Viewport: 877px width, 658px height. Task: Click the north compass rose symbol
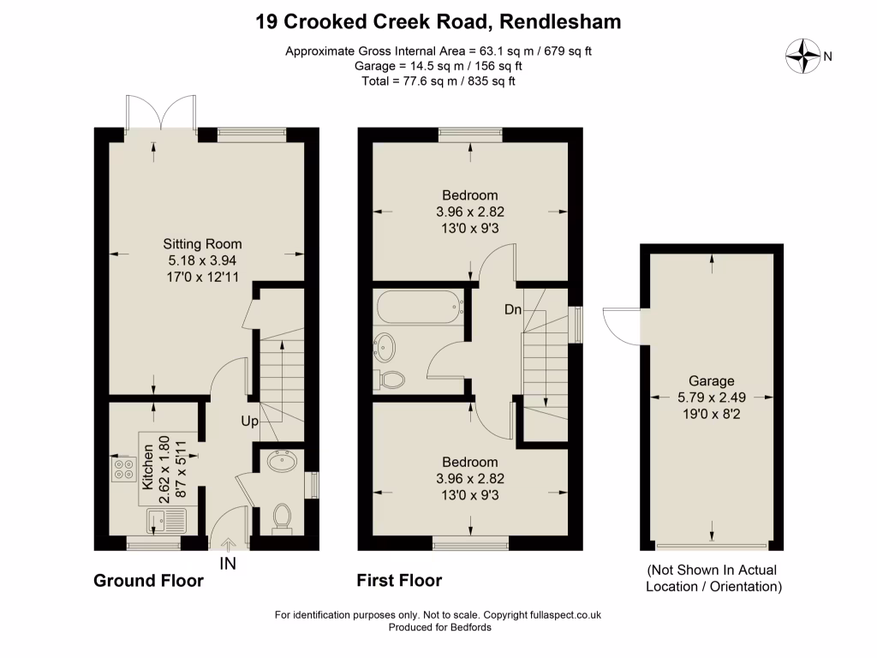click(803, 57)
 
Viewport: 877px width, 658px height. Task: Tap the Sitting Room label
click(203, 243)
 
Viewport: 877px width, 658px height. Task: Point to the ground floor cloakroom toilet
click(282, 517)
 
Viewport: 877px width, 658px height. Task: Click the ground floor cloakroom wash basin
click(282, 463)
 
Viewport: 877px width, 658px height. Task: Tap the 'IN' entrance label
click(228, 564)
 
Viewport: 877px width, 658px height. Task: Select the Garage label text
click(711, 381)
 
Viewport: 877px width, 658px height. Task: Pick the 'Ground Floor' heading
click(148, 581)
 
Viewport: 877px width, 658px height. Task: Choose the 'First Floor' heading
click(399, 581)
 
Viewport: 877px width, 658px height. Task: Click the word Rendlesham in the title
click(555, 21)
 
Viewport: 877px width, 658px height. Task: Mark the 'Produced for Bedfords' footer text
click(438, 627)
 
